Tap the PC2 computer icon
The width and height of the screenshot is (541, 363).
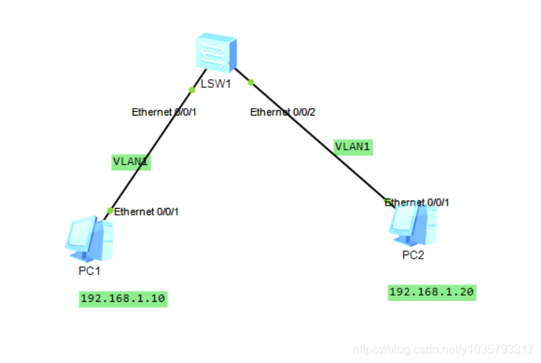412,224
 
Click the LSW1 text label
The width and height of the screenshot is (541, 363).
216,83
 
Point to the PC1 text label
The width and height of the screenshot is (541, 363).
90,271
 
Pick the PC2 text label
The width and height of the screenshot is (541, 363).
413,255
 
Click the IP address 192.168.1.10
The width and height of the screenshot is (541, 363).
123,299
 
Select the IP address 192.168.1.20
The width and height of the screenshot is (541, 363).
431,291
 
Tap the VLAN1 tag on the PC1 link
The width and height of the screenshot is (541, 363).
131,161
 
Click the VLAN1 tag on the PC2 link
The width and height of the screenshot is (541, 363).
353,146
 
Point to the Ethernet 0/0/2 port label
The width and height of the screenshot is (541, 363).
282,113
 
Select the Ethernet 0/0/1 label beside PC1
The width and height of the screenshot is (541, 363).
146,212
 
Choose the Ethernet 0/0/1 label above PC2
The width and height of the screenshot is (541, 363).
418,202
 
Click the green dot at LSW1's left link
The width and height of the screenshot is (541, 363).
192,89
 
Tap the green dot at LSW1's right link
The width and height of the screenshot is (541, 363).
251,82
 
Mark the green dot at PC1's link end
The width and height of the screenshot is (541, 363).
110,211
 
